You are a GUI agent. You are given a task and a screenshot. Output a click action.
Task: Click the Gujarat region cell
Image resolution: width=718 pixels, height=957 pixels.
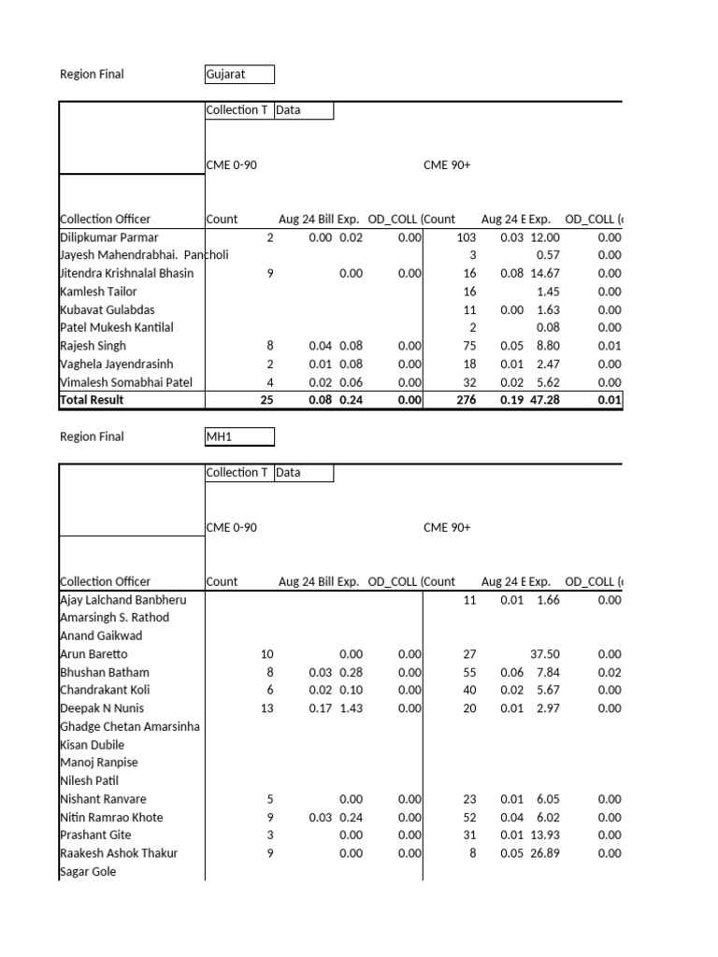pyautogui.click(x=238, y=74)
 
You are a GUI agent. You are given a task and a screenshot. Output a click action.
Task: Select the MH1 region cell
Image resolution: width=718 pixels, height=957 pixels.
pyautogui.click(x=238, y=436)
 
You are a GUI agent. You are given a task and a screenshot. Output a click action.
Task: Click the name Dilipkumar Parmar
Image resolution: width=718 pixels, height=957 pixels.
pyautogui.click(x=109, y=237)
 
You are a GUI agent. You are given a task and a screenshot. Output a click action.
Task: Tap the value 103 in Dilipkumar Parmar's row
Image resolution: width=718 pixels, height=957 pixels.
pyautogui.click(x=466, y=237)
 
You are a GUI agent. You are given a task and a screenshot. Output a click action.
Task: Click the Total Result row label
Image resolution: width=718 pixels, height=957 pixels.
pyautogui.click(x=92, y=400)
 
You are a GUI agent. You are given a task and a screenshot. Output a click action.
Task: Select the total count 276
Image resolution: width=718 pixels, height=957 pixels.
pyautogui.click(x=465, y=400)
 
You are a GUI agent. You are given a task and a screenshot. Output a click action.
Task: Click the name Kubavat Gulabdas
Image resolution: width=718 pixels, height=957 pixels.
pyautogui.click(x=108, y=309)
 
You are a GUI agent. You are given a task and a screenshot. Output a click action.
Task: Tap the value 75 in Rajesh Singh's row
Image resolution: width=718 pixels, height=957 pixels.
pyautogui.click(x=469, y=346)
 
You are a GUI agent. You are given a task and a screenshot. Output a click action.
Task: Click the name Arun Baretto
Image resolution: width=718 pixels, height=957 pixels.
pyautogui.click(x=93, y=654)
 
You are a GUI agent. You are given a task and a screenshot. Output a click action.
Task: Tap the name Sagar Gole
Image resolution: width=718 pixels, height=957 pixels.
pyautogui.click(x=88, y=872)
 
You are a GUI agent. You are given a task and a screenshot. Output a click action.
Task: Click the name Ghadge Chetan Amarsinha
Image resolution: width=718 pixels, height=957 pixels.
pyautogui.click(x=129, y=726)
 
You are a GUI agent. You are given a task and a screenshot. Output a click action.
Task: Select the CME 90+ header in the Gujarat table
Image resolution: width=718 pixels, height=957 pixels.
pyautogui.click(x=447, y=165)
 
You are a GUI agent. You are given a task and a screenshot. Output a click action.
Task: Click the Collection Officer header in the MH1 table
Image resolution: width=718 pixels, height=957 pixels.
pyautogui.click(x=105, y=581)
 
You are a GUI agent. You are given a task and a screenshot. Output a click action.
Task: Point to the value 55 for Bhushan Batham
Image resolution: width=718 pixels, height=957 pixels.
pyautogui.click(x=469, y=672)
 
